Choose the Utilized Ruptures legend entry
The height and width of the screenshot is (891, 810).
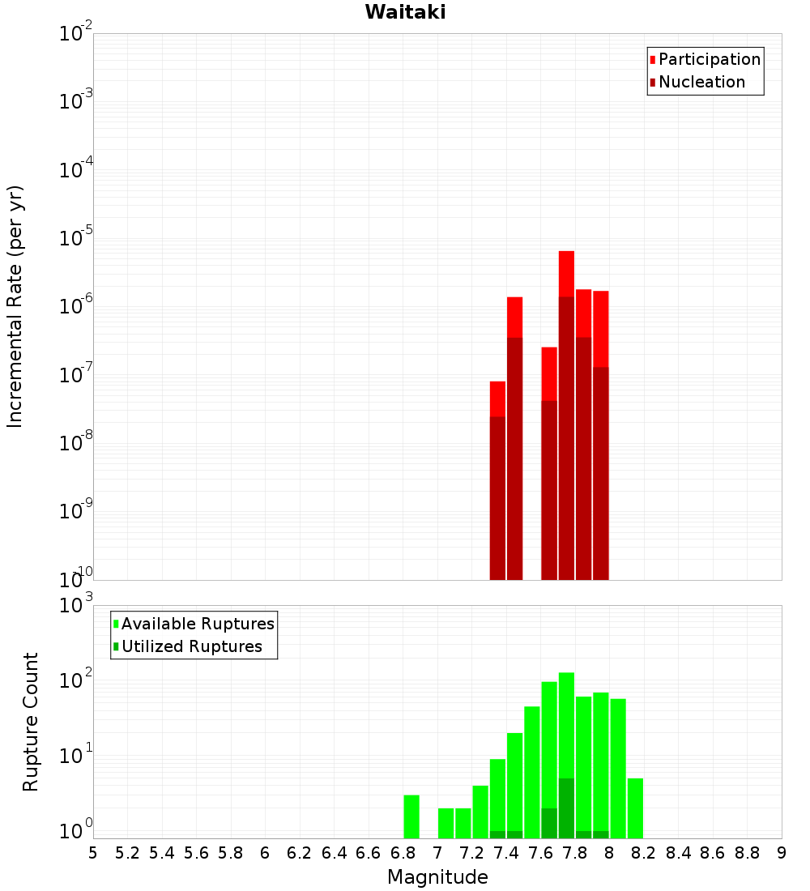point(191,646)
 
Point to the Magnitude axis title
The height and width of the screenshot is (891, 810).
point(437,877)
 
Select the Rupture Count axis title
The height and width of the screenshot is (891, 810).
point(31,721)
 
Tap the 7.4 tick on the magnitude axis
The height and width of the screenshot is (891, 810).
point(506,853)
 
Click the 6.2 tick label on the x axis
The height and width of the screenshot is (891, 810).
point(300,853)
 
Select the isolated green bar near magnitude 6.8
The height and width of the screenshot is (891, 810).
point(411,816)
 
